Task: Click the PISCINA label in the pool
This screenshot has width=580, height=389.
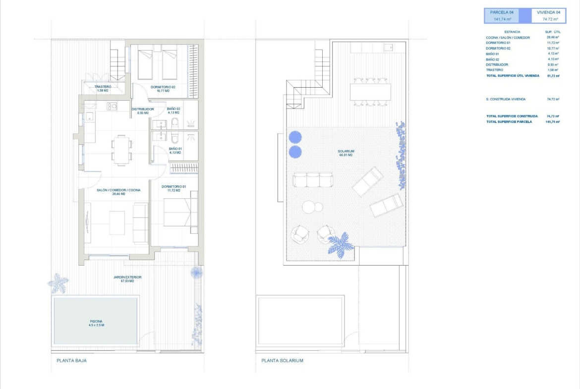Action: pos(96,321)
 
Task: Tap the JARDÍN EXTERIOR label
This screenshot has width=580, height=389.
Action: pos(127,277)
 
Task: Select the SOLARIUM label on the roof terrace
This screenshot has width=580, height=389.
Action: pos(346,151)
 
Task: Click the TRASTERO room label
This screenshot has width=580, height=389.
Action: pos(103,87)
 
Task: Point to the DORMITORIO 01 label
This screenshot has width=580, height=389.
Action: pos(174,187)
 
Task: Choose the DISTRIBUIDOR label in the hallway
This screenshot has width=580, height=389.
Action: pos(143,109)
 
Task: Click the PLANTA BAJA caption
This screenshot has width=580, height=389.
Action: pos(71,361)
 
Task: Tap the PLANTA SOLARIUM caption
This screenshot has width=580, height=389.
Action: pos(282,361)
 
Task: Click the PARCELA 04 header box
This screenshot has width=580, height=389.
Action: pos(502,15)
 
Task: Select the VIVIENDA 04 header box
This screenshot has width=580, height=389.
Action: pos(549,15)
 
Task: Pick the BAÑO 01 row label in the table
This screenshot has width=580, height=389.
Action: pos(492,54)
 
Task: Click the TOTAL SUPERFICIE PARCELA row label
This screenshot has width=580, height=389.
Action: pos(509,121)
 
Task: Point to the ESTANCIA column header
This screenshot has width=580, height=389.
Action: pos(512,32)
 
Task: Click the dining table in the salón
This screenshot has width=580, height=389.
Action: pos(121,150)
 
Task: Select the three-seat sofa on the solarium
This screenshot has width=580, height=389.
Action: pos(313,180)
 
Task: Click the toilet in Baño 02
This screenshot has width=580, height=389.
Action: pos(175,122)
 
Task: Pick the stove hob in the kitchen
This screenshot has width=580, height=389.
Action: pos(112,107)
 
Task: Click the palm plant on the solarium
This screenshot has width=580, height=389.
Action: pos(340,245)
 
